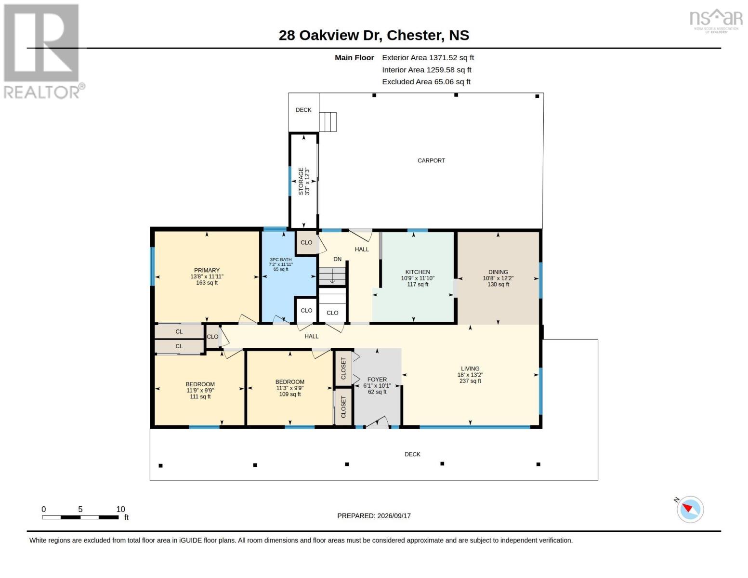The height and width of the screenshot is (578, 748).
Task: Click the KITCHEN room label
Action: tap(418, 272)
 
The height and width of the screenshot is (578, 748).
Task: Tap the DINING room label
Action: tap(498, 272)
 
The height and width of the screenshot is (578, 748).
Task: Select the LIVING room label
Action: tap(470, 368)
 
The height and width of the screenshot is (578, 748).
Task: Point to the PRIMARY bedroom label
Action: tap(207, 270)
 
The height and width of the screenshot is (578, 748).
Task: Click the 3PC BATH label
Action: tap(280, 260)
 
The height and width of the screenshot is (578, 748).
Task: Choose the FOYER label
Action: tap(377, 380)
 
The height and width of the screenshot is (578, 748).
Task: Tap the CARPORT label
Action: tap(431, 160)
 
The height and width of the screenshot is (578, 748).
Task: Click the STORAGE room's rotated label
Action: tap(301, 182)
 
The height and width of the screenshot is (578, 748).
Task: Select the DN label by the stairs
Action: tap(337, 259)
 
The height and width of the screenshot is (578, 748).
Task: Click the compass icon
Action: tap(690, 510)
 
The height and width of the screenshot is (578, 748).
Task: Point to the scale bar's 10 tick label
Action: tap(120, 509)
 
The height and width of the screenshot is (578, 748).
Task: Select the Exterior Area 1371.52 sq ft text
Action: tap(428, 58)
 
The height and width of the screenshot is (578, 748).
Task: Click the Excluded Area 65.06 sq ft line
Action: tap(426, 82)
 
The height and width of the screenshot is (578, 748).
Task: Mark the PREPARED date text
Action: tap(374, 516)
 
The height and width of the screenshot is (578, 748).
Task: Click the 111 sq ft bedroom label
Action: tap(200, 396)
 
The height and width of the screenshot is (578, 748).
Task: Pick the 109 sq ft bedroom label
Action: tap(290, 394)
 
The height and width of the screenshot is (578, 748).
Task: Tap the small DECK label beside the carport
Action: tap(303, 110)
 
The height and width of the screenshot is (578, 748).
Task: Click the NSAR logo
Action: tap(716, 21)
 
